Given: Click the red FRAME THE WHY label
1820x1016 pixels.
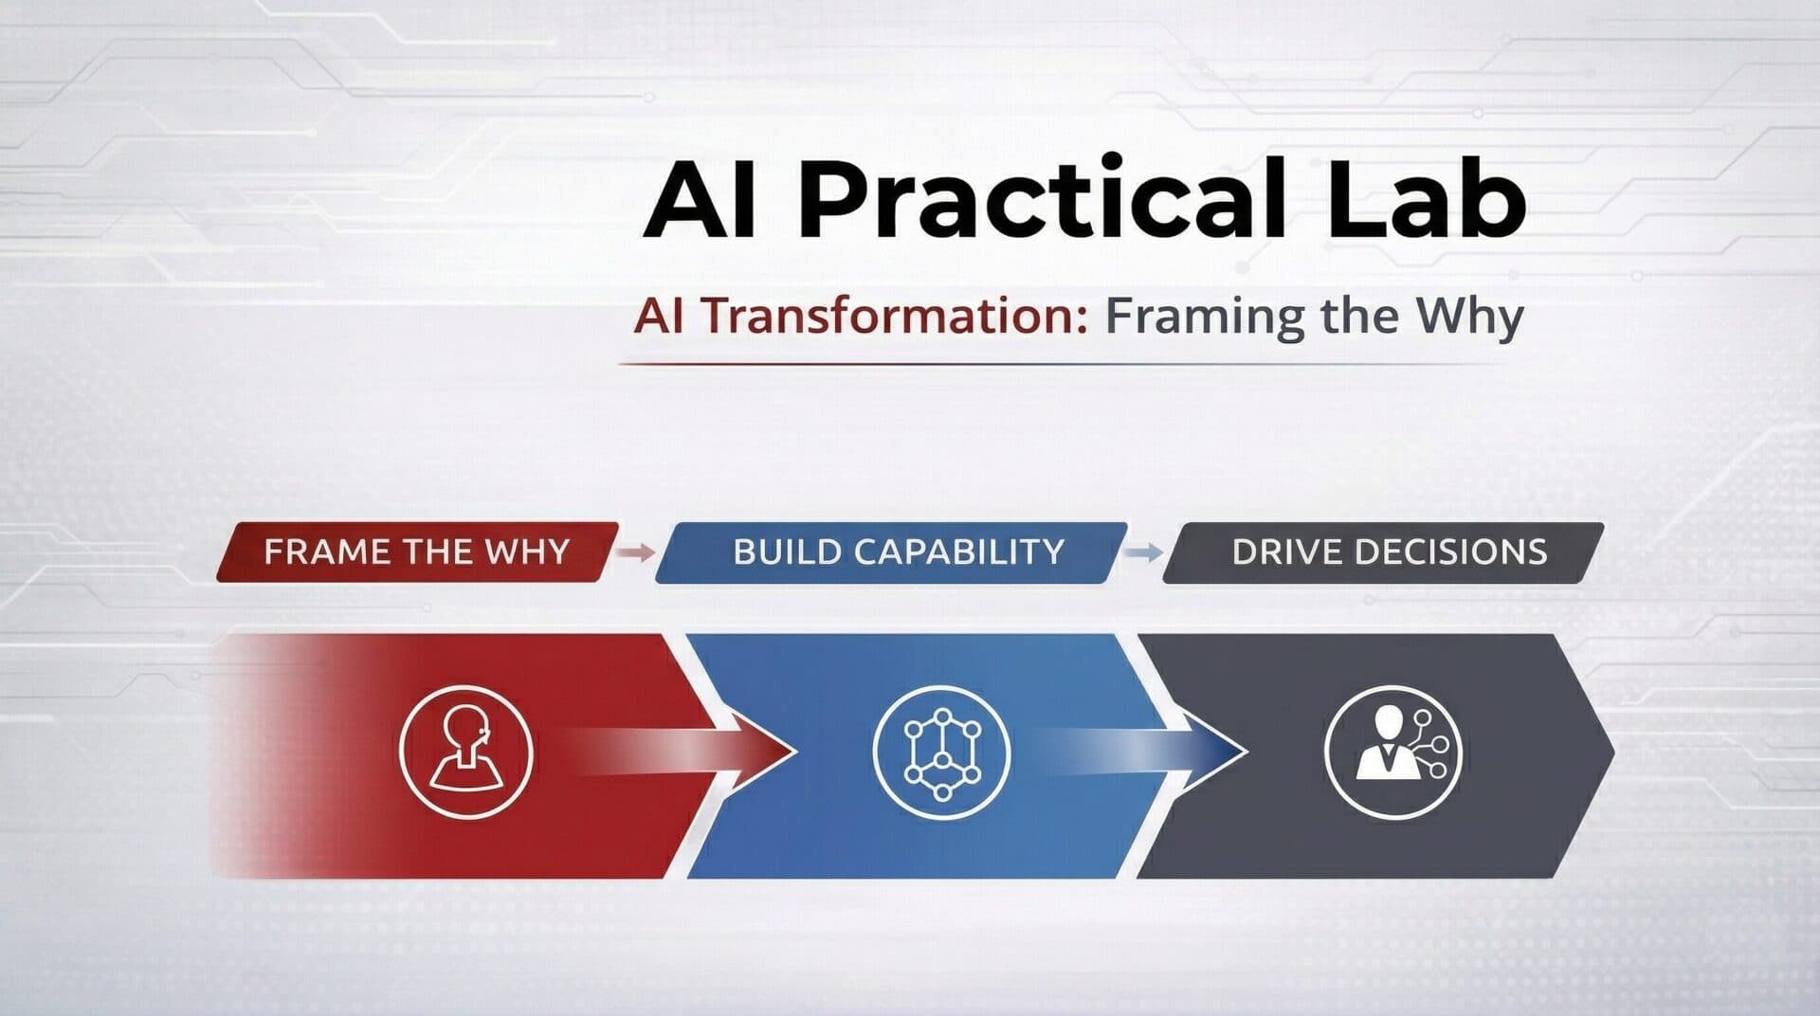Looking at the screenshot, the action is coord(417,552).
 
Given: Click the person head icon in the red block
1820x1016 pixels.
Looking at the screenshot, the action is coord(464,752).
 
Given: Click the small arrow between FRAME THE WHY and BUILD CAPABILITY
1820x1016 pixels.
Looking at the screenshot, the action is coord(636,552).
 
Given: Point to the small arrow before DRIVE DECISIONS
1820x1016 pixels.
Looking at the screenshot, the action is coord(1144,552).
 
